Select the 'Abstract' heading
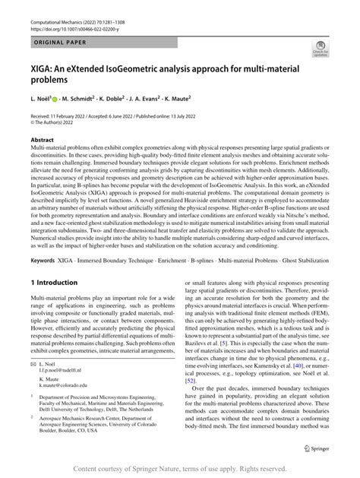point(42,141)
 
